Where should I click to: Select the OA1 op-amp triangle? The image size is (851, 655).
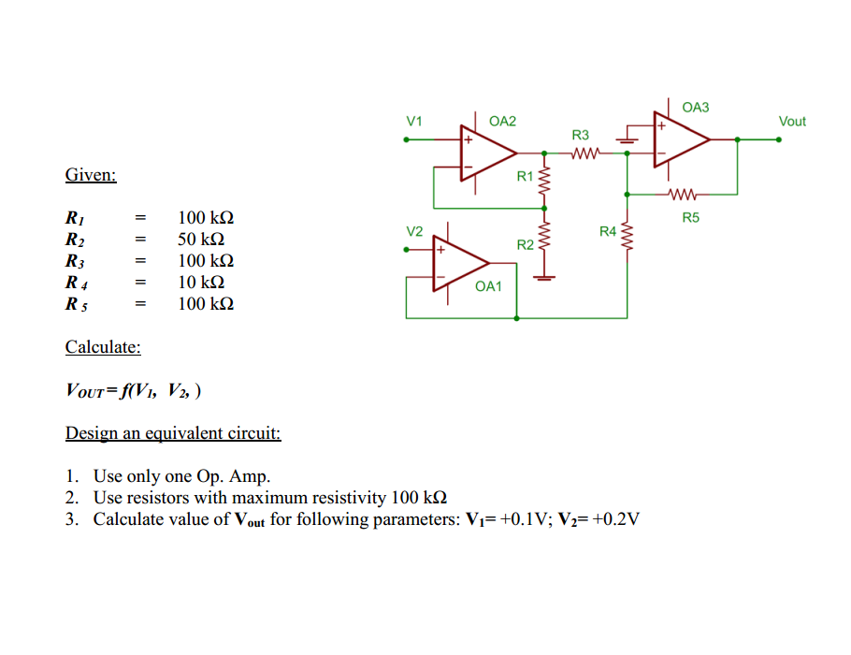(457, 264)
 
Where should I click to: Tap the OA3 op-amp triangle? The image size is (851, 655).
(679, 139)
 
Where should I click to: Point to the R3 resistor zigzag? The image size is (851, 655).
(583, 153)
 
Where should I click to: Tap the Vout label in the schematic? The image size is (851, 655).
(791, 122)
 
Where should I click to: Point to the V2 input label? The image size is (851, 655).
(414, 231)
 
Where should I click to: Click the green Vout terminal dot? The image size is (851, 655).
(778, 139)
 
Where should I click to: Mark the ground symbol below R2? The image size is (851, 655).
(543, 278)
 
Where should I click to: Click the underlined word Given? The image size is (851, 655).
(91, 175)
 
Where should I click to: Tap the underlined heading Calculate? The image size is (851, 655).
(103, 347)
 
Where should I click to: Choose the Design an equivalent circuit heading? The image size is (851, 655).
(173, 433)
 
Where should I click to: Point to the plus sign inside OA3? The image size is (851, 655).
(662, 125)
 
